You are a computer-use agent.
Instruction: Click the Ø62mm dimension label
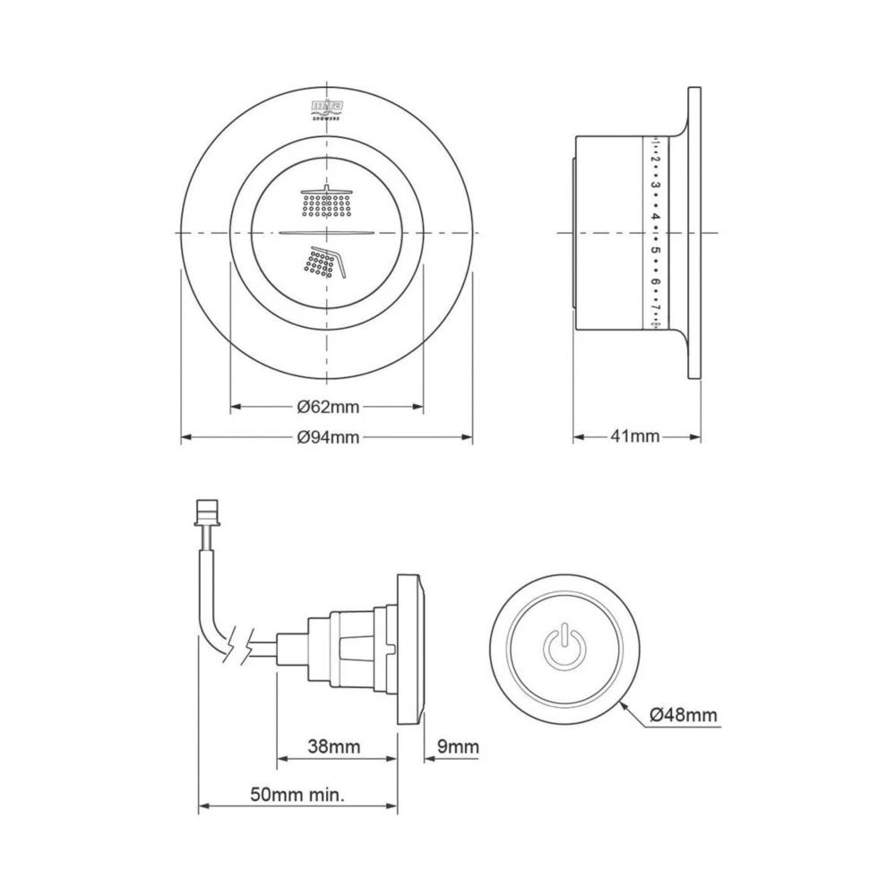328,407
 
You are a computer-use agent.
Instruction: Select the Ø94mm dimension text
328,437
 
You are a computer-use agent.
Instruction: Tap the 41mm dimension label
634,437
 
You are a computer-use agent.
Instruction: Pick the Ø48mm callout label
684,714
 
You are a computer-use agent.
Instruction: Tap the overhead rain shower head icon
326,202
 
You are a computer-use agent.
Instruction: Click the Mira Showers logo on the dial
326,108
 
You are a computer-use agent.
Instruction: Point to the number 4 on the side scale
656,217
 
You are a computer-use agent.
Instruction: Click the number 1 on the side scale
656,143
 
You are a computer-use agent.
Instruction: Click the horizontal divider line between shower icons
326,232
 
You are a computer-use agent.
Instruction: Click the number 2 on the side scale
656,159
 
